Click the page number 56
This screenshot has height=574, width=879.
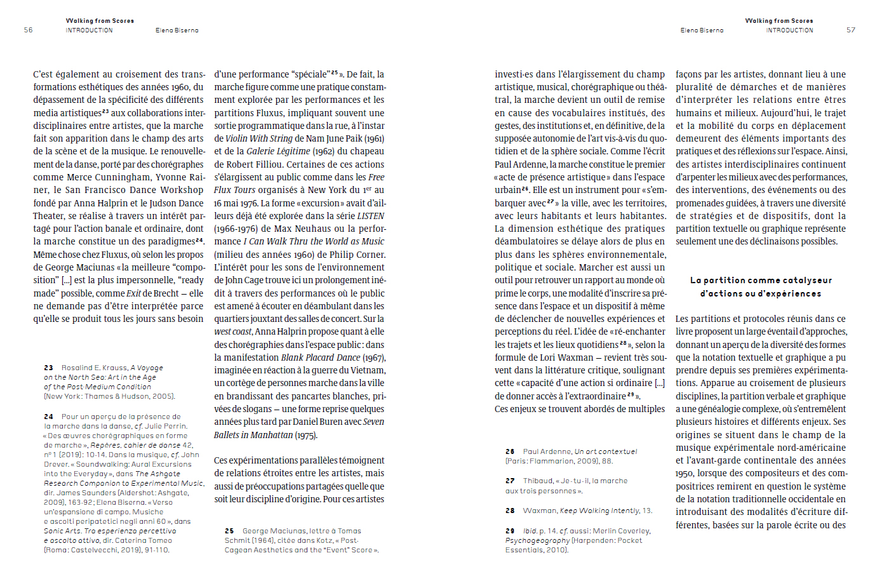(28, 30)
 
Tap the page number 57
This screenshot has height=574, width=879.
(850, 30)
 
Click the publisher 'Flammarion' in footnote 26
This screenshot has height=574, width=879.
(560, 461)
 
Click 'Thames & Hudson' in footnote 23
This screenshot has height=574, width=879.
(112, 396)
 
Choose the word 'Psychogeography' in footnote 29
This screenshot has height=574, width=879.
(537, 540)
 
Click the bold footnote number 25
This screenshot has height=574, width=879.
(229, 531)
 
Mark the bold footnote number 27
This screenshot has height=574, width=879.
(510, 481)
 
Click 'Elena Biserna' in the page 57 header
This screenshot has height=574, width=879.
(702, 30)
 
